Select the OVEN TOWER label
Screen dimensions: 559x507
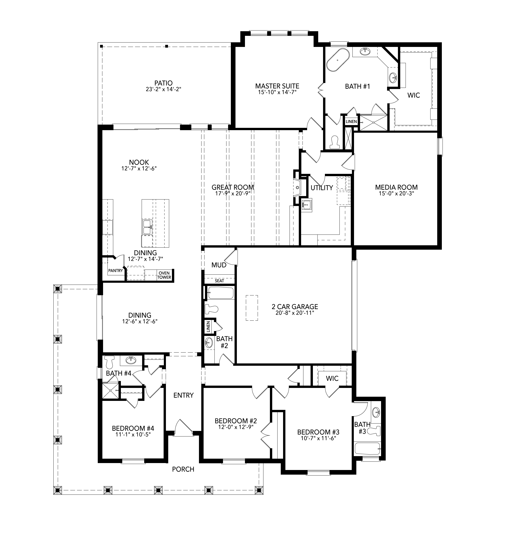(164, 275)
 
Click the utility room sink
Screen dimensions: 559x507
(307, 206)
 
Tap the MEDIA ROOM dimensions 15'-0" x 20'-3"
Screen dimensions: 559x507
(396, 193)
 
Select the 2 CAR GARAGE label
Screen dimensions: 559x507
(294, 307)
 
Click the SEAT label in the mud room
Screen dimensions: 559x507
(219, 281)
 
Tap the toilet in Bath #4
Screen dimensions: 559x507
(110, 361)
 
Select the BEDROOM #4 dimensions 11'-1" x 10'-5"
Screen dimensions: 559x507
(133, 435)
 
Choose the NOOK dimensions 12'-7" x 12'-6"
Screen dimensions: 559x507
(139, 168)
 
